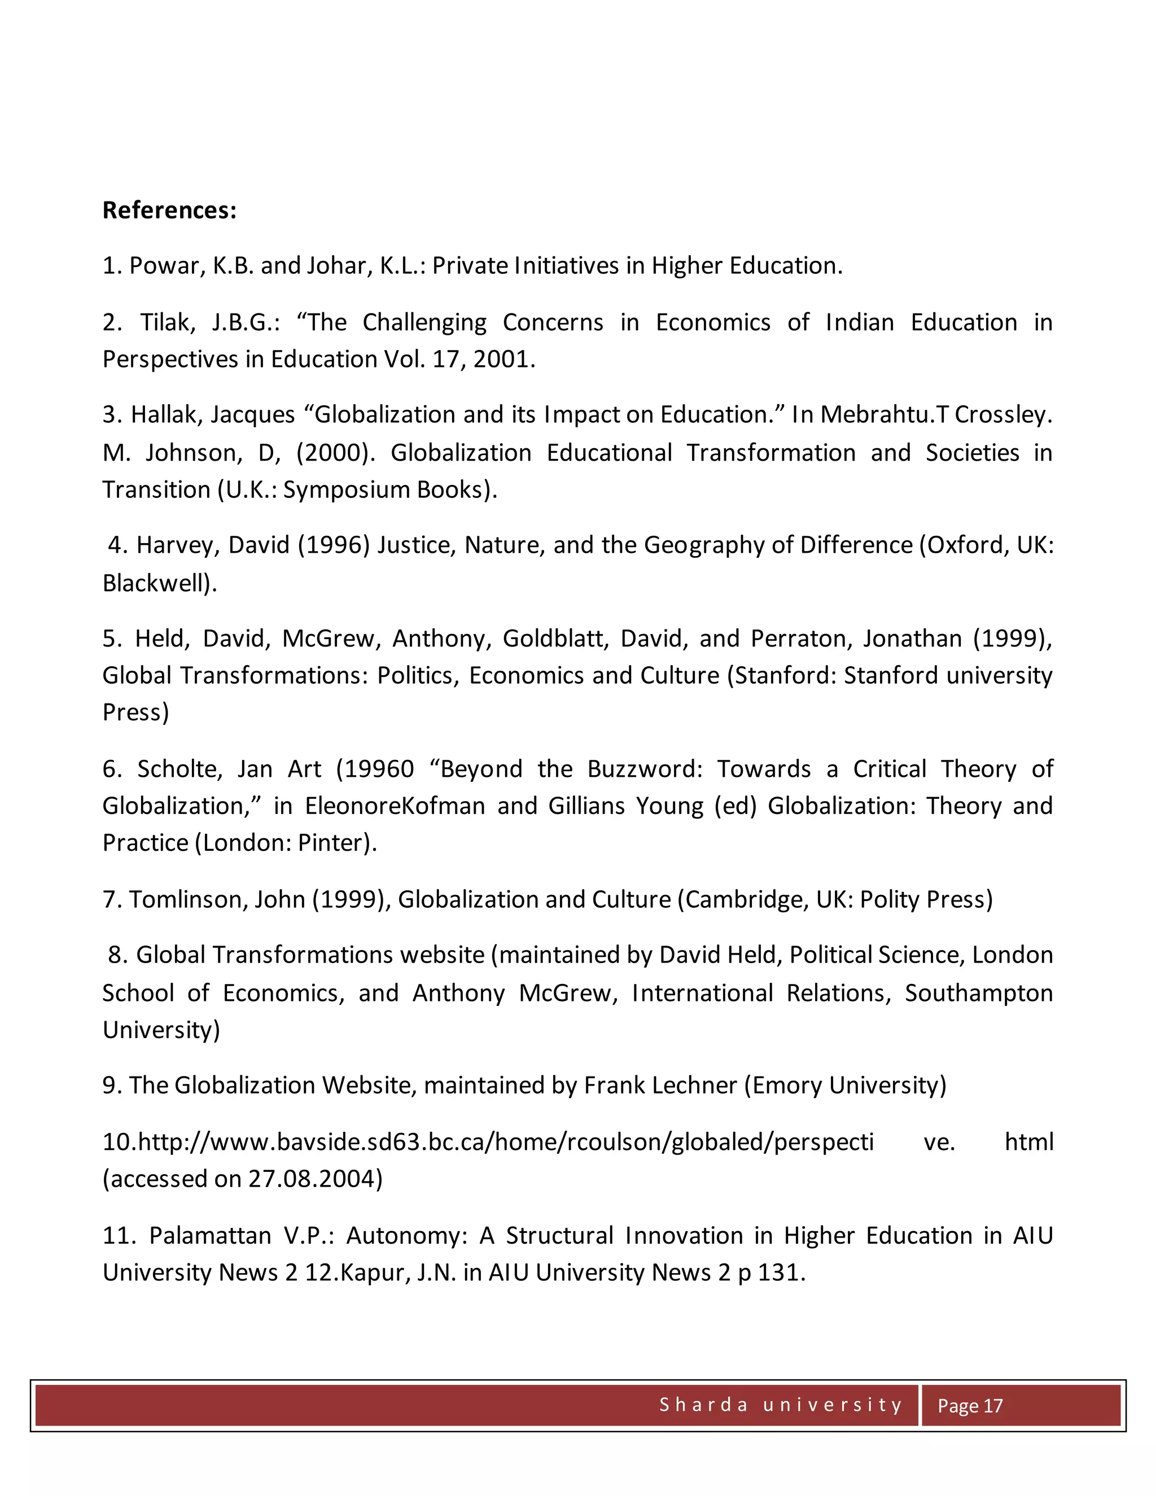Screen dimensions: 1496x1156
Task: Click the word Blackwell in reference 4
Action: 155,583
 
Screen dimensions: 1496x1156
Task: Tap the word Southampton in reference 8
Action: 979,992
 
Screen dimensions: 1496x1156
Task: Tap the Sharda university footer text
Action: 781,1405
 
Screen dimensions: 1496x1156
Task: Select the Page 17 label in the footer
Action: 970,1406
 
